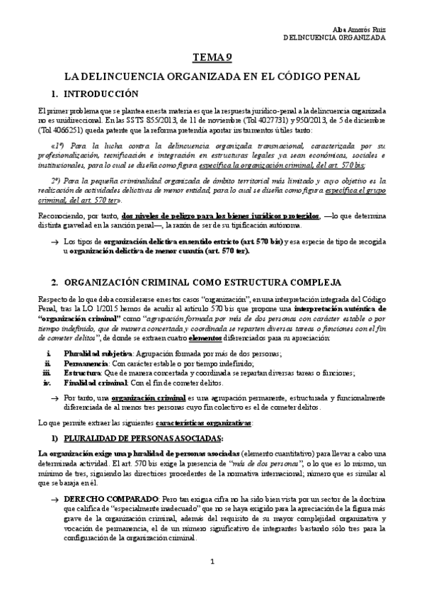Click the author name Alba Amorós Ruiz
360,28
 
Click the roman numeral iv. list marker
47,381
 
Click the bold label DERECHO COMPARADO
101,500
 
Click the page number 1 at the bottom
212,582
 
